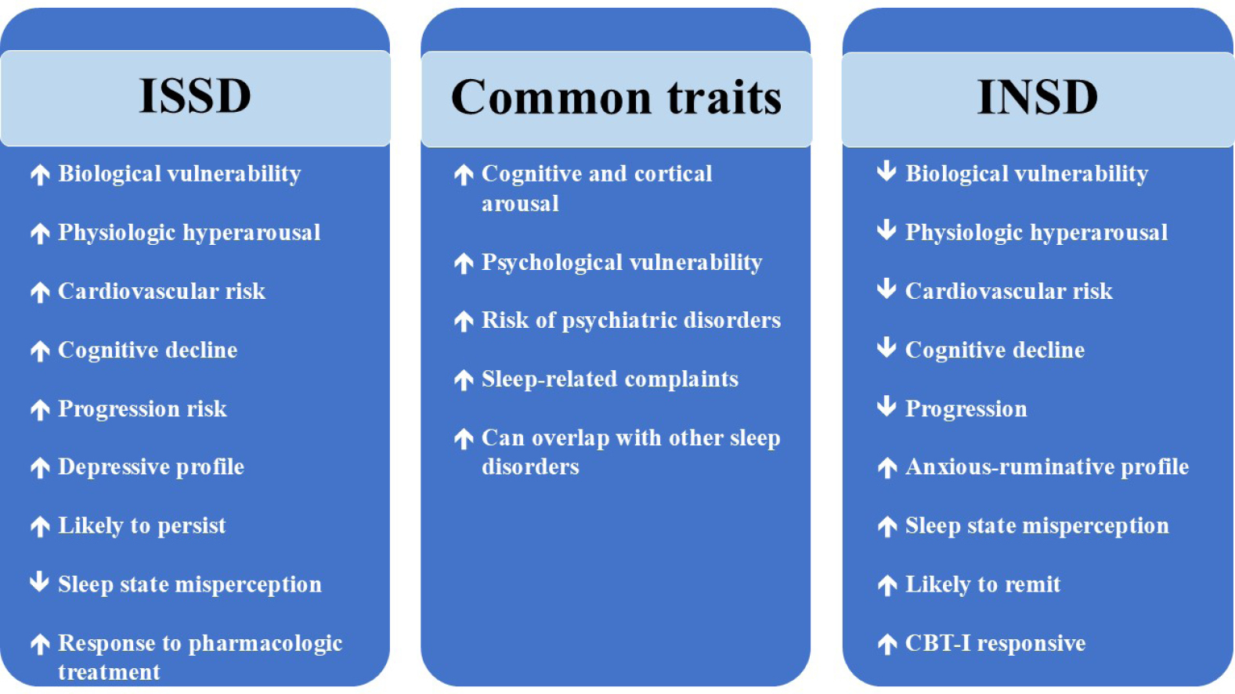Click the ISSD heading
click(x=195, y=96)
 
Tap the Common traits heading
click(x=616, y=98)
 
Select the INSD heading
click(x=1038, y=98)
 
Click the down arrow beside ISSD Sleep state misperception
click(x=40, y=581)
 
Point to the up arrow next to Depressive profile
click(x=40, y=468)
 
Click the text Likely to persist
click(x=142, y=526)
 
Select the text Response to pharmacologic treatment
click(x=200, y=657)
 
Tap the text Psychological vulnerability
click(x=622, y=263)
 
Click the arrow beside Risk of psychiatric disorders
click(x=464, y=321)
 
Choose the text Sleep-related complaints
click(x=610, y=379)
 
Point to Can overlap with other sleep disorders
click(x=631, y=452)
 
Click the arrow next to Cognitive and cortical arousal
click(x=464, y=175)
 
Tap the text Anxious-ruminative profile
click(x=1047, y=467)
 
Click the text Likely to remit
click(x=983, y=584)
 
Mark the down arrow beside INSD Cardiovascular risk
click(x=887, y=289)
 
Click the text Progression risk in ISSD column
click(x=143, y=409)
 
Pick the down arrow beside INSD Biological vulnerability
click(x=887, y=171)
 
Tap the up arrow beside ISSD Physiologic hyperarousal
click(x=40, y=233)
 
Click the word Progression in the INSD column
click(x=966, y=409)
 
